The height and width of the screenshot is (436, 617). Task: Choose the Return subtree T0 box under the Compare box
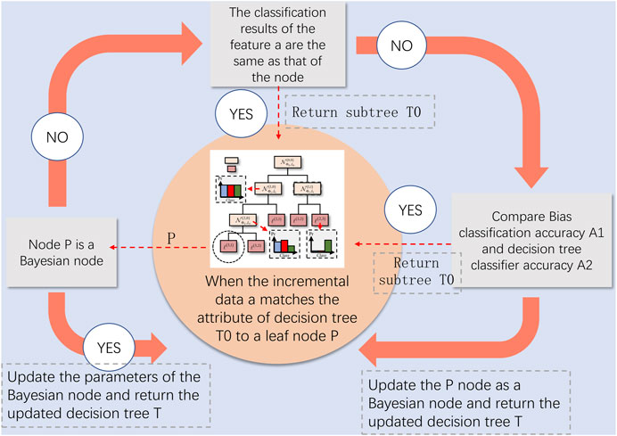tap(411, 270)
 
